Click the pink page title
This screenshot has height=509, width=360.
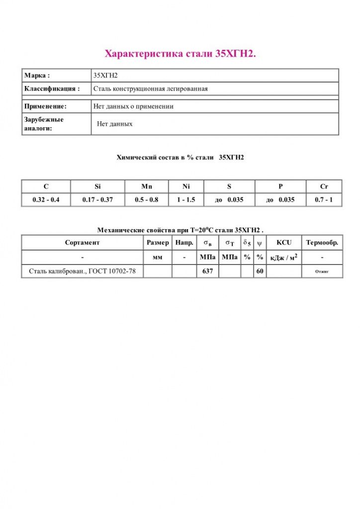coord(180,54)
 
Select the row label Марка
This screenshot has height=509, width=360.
coord(37,76)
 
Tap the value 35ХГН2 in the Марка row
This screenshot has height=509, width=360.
coord(105,76)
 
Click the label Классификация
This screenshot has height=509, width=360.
coord(52,89)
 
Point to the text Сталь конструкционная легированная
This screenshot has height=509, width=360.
coord(150,89)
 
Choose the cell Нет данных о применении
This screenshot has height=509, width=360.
coord(133,106)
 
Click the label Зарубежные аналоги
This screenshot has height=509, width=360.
coord(44,124)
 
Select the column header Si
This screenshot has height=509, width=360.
coord(97,186)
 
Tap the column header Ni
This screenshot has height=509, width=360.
coord(186,186)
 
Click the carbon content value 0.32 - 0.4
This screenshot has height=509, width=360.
coord(46,200)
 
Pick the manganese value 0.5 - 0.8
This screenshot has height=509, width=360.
coord(147,200)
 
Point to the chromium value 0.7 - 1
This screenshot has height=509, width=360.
coord(324,200)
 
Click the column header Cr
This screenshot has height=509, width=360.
coord(324,186)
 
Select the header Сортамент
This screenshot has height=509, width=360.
coord(82,243)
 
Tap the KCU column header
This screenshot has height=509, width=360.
coord(284,243)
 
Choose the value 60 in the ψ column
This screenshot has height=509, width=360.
coord(260,271)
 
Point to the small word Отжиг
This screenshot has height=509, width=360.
coord(322,272)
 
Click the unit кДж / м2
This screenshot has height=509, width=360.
coord(283,257)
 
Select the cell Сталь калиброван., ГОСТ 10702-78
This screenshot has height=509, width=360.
coord(82,271)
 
